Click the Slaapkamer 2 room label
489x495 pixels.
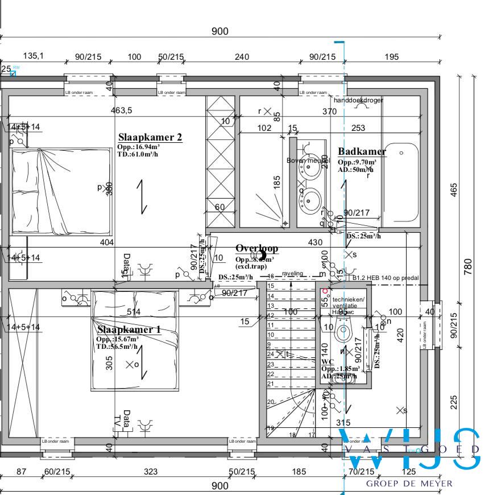tap(150, 137)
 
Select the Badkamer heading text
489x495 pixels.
tap(362, 151)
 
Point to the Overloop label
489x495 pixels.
tap(257, 249)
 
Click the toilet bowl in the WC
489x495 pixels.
tap(343, 331)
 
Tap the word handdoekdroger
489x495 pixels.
tap(358, 100)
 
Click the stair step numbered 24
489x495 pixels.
tap(271, 353)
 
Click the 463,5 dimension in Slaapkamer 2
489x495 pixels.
tap(121, 110)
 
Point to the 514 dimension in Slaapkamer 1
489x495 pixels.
tap(134, 312)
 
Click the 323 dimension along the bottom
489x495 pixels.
tap(151, 472)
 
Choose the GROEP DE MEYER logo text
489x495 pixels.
tap(409, 484)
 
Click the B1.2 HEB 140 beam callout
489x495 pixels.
tap(386, 278)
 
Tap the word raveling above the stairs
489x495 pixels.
tap(293, 274)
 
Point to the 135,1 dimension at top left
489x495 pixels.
tap(33, 56)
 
